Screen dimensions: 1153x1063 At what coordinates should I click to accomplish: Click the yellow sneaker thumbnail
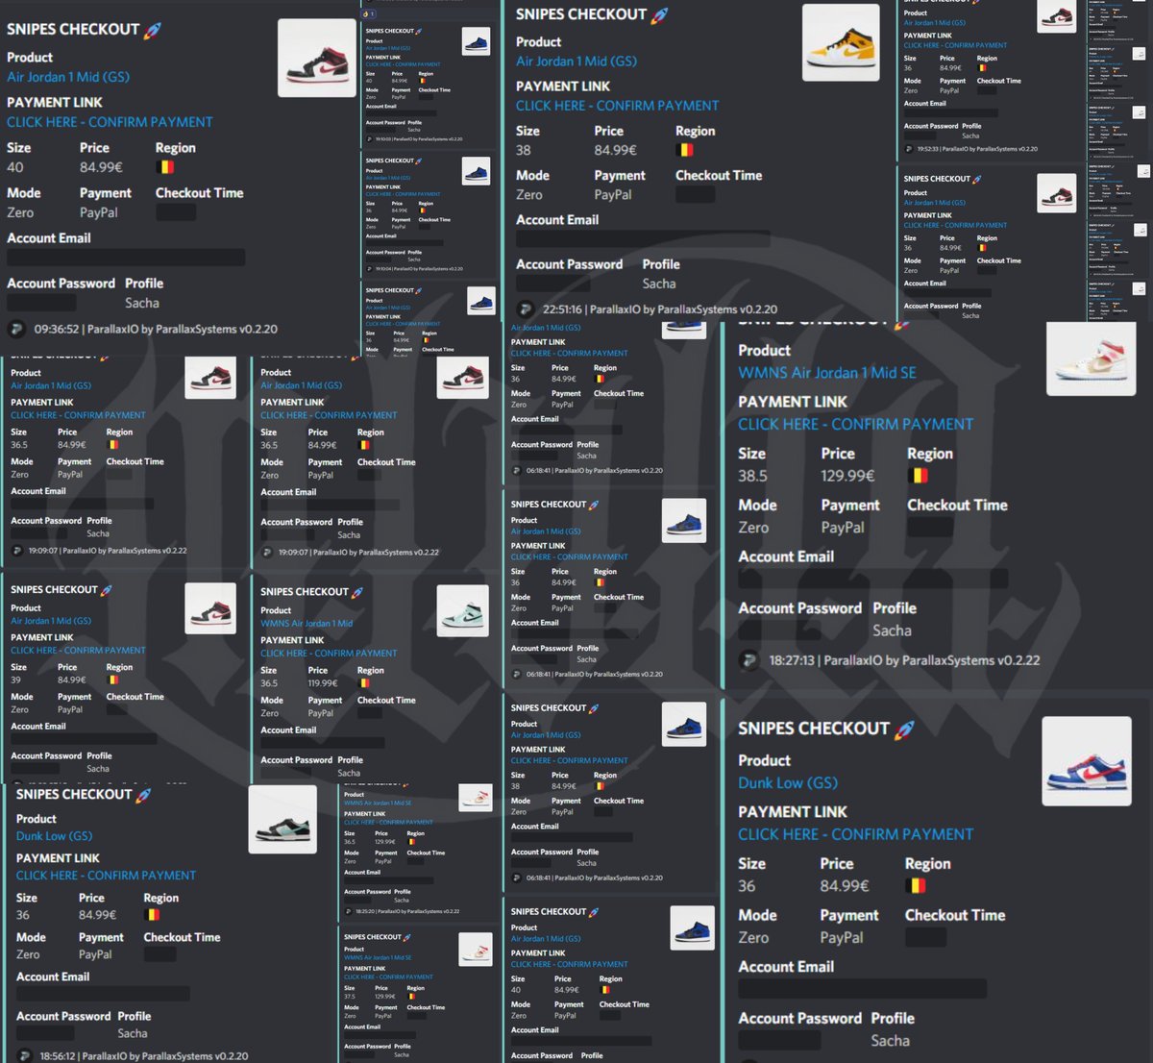click(840, 42)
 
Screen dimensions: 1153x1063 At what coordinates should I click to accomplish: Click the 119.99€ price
click(322, 683)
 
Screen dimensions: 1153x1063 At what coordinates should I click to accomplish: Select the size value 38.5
click(752, 476)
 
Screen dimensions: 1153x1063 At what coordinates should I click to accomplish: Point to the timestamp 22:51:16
click(562, 309)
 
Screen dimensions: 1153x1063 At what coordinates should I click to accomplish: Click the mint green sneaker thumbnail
click(462, 610)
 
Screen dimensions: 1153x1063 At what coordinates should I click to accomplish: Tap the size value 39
click(15, 680)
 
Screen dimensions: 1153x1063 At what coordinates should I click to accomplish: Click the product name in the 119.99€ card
click(307, 623)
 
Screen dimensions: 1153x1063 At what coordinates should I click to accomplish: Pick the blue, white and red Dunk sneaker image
click(1086, 762)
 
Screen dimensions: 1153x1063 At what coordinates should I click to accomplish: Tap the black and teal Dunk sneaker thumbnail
click(282, 819)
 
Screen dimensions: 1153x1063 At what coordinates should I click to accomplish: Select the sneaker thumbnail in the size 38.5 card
click(1091, 358)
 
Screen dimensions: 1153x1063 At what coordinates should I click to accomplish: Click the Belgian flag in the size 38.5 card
click(918, 476)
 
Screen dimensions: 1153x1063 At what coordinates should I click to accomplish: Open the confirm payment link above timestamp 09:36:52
click(110, 122)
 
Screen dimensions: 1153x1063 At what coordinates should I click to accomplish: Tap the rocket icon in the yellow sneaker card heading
click(659, 14)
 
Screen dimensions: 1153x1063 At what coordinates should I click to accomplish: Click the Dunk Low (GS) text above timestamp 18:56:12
click(54, 836)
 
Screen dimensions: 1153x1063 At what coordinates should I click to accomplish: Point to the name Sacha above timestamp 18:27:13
click(892, 630)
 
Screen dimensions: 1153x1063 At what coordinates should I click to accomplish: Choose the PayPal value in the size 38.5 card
click(842, 527)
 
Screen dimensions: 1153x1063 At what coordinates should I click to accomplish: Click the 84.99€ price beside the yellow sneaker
click(615, 150)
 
